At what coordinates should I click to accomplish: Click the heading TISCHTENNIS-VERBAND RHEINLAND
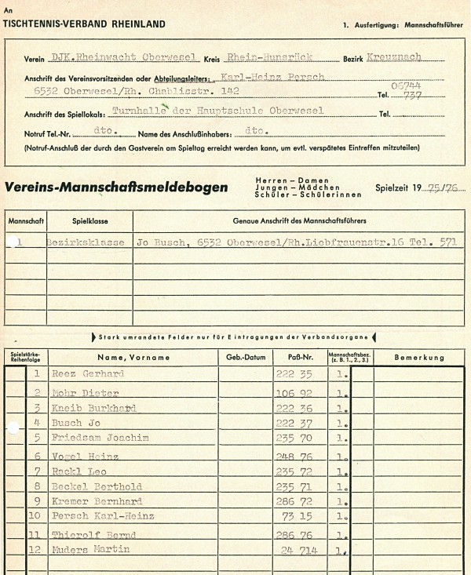[85, 24]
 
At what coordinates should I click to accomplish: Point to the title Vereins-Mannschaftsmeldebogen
[116, 188]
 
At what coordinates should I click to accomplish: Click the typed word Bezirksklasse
[86, 242]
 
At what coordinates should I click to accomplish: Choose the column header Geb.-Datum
[246, 357]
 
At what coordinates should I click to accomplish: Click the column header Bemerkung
[408, 357]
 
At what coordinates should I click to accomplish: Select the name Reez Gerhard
[88, 373]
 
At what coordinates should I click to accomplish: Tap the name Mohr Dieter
[85, 392]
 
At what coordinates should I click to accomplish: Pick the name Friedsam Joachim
[95, 438]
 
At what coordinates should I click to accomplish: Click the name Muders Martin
[90, 549]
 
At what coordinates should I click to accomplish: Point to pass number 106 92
[295, 392]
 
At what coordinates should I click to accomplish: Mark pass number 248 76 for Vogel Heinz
[295, 455]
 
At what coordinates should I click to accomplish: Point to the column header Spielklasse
[85, 221]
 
